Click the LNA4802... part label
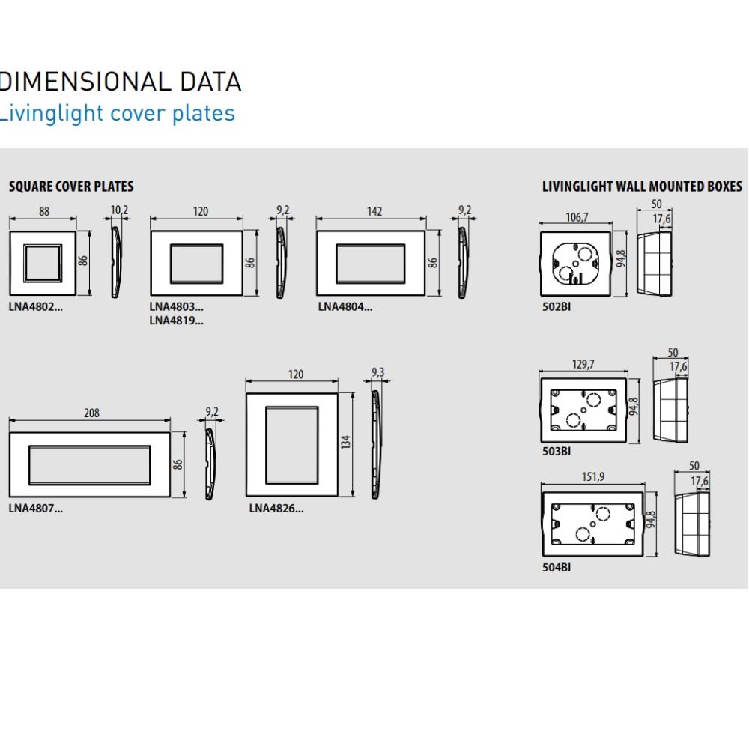(x=36, y=306)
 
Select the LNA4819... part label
(x=176, y=321)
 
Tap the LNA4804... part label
(x=344, y=306)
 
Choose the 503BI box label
(x=556, y=452)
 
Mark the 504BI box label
(x=556, y=568)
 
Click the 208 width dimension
(x=91, y=413)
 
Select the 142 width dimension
(x=373, y=212)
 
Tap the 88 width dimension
(x=44, y=212)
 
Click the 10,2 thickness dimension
(x=120, y=210)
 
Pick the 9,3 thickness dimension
(x=377, y=372)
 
